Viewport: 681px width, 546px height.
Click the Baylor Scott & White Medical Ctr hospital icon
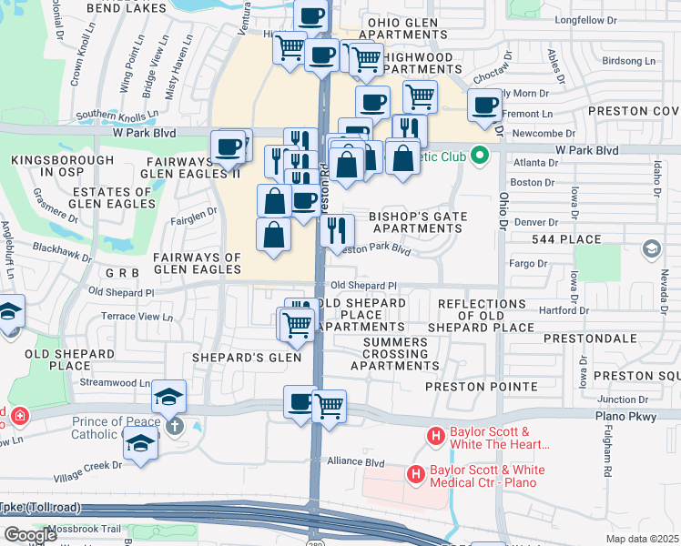(x=416, y=474)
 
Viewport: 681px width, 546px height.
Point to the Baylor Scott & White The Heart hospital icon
(x=436, y=438)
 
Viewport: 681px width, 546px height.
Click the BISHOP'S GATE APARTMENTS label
(x=418, y=223)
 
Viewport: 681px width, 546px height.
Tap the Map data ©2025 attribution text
(x=643, y=539)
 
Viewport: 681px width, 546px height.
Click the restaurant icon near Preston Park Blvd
(x=339, y=230)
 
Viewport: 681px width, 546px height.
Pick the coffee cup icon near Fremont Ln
(x=484, y=106)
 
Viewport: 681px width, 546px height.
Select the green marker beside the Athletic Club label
(x=483, y=157)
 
